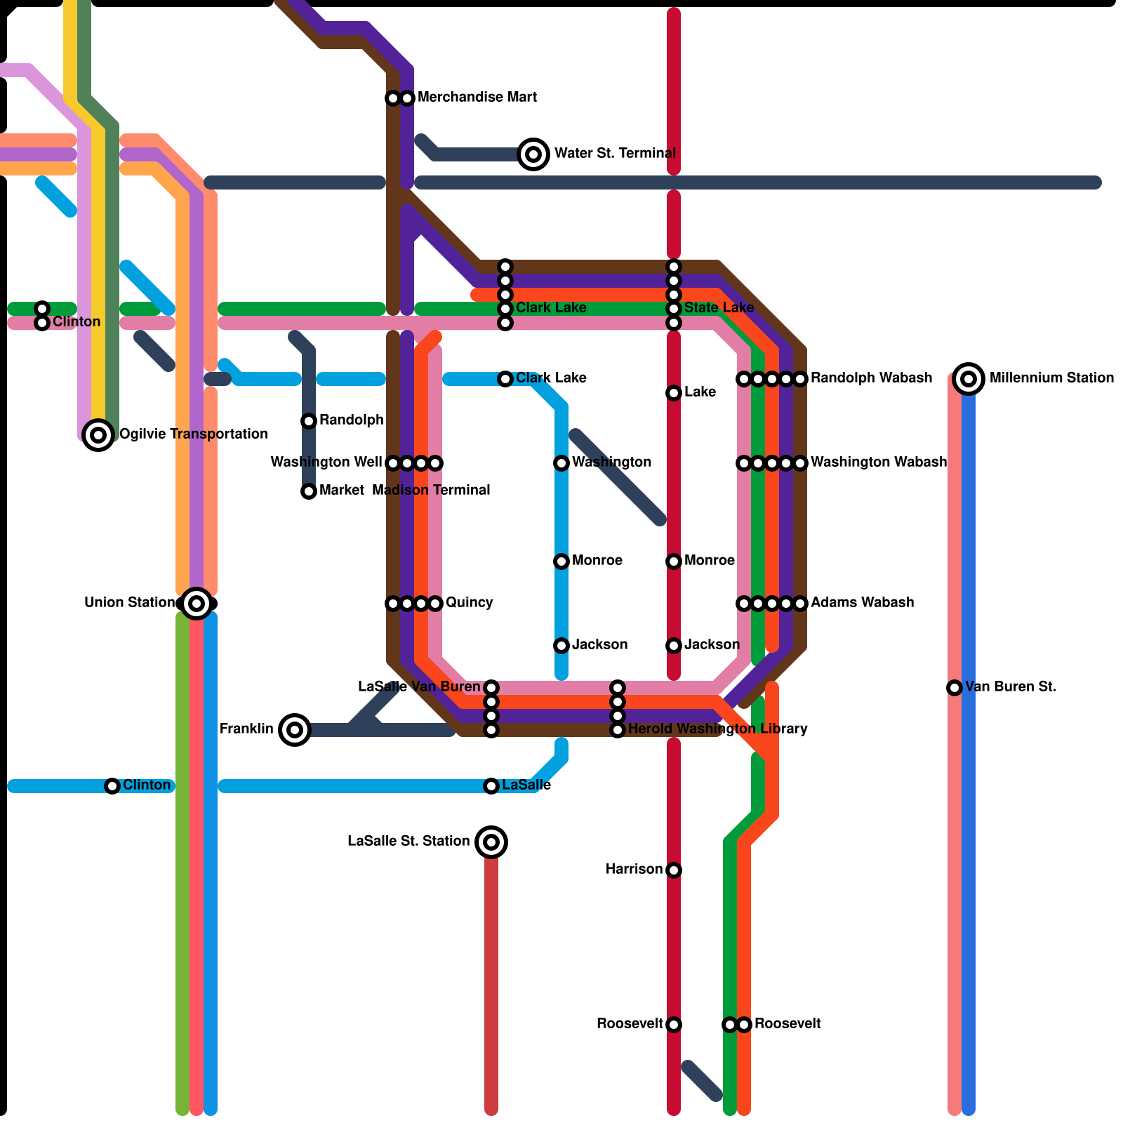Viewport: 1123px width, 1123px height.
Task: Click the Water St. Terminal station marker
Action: tap(533, 154)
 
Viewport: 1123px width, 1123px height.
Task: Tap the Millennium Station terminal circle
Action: tap(969, 379)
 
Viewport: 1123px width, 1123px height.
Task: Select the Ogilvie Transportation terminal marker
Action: tap(98, 435)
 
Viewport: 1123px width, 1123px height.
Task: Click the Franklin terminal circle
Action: tap(295, 730)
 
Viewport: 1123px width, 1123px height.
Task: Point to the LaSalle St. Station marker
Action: tap(491, 842)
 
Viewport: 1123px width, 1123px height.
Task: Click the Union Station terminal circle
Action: tap(197, 604)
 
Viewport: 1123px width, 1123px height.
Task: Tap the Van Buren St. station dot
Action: tap(955, 688)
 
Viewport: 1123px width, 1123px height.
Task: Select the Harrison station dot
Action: tap(674, 870)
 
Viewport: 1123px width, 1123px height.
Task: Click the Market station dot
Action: tap(309, 491)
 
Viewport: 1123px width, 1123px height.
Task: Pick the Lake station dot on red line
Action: tap(674, 393)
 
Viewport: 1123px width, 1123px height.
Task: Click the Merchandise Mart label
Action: tap(477, 98)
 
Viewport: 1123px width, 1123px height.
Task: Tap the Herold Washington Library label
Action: tap(717, 729)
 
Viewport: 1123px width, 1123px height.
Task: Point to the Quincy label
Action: tap(469, 603)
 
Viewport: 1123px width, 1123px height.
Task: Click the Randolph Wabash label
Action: tap(871, 378)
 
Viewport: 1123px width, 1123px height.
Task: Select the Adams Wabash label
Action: tap(862, 603)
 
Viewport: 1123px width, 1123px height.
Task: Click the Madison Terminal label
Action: tap(431, 491)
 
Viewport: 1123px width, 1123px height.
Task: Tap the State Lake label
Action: tap(719, 308)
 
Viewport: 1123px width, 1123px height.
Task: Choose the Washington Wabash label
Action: tap(878, 463)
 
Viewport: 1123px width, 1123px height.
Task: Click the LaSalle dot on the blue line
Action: tap(491, 786)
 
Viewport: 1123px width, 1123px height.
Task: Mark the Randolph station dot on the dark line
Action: tap(309, 421)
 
